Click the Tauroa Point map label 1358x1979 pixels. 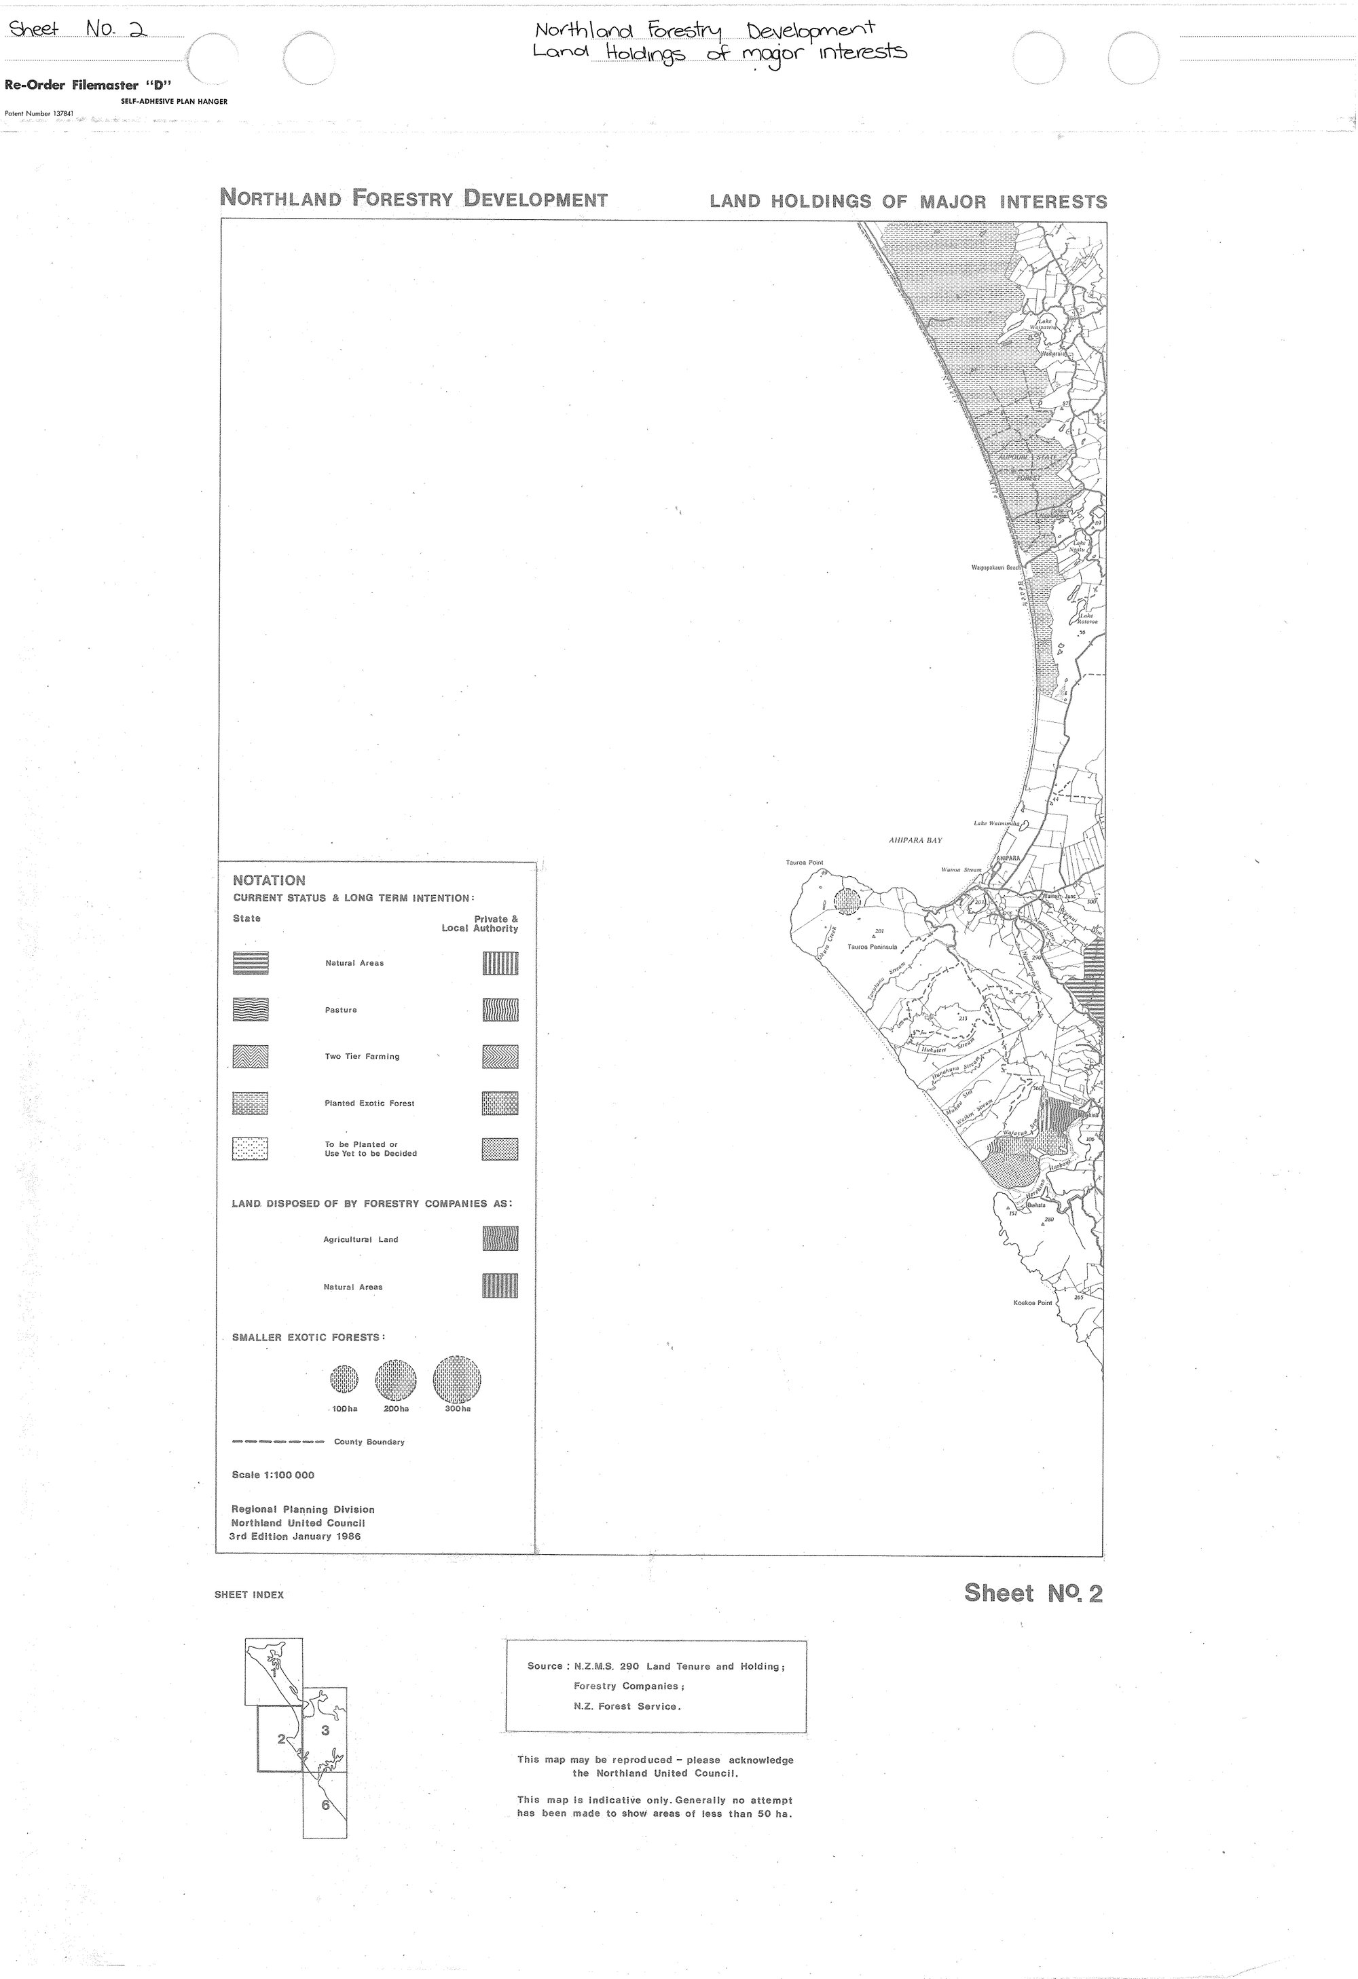click(804, 863)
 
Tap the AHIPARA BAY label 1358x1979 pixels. click(915, 840)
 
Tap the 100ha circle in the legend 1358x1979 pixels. click(344, 1378)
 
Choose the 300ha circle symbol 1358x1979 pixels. click(457, 1378)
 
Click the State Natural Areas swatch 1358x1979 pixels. click(250, 963)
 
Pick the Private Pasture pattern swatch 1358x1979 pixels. click(500, 1010)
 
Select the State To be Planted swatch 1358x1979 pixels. click(250, 1149)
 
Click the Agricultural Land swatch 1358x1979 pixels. click(500, 1239)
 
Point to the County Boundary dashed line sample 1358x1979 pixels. click(278, 1441)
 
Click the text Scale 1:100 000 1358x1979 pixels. click(273, 1475)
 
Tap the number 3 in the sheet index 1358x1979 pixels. click(325, 1731)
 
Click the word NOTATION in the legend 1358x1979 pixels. click(268, 880)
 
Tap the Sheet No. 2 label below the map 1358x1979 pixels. click(1033, 1594)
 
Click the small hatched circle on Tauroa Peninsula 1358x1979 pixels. click(847, 900)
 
